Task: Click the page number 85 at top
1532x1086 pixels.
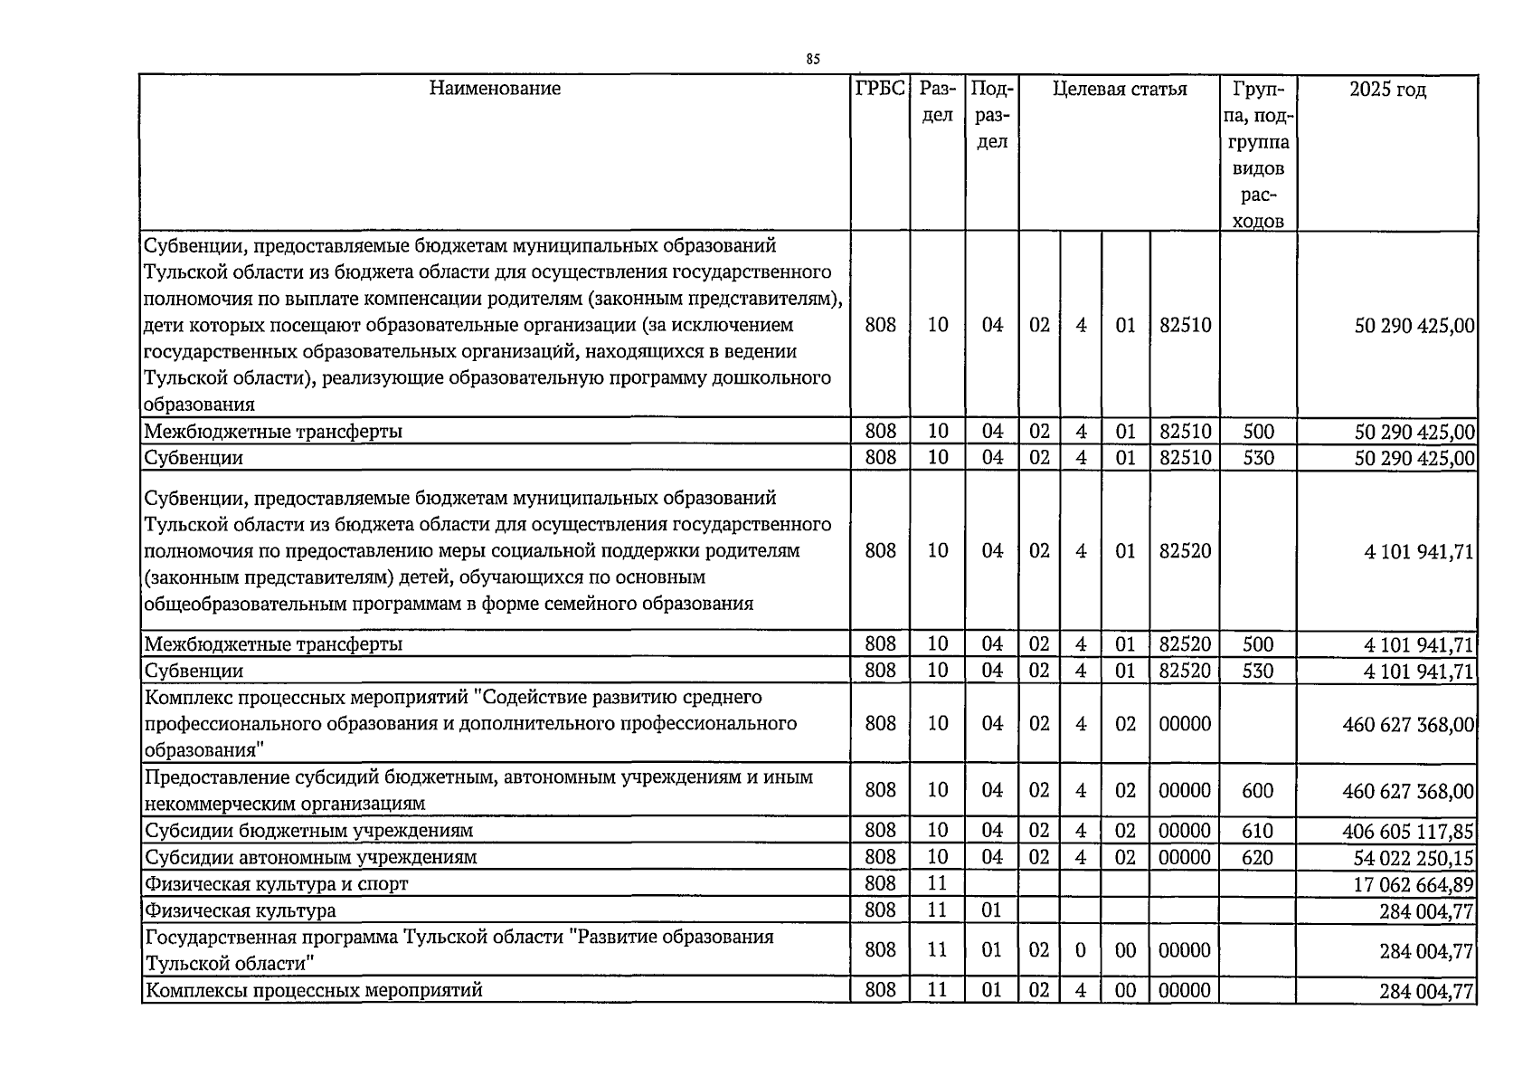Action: pyautogui.click(x=812, y=59)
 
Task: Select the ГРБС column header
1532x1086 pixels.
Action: pyautogui.click(x=880, y=88)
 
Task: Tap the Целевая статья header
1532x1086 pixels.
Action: pyautogui.click(x=1120, y=89)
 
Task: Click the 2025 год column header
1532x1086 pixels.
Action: pyautogui.click(x=1386, y=90)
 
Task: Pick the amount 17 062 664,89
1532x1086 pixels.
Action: pyautogui.click(x=1413, y=884)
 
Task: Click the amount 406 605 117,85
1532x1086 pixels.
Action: pyautogui.click(x=1408, y=831)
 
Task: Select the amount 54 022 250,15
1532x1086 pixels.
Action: pyautogui.click(x=1413, y=857)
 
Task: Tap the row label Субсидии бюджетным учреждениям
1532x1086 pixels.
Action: pyautogui.click(x=308, y=830)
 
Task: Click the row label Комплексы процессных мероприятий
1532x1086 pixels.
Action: pyautogui.click(x=314, y=990)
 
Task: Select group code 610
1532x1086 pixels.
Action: pyautogui.click(x=1257, y=831)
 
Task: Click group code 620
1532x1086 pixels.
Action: pyautogui.click(x=1257, y=857)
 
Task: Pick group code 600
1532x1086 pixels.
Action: pyautogui.click(x=1257, y=790)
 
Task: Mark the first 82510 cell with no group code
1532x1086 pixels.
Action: pyautogui.click(x=1185, y=324)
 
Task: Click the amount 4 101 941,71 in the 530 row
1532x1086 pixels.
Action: pyautogui.click(x=1418, y=672)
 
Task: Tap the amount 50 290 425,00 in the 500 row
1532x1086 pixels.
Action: pyautogui.click(x=1414, y=432)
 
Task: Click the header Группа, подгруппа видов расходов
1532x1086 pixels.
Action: pyautogui.click(x=1257, y=154)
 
